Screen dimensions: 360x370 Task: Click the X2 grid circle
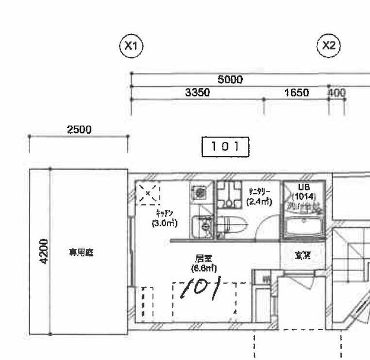coord(329,46)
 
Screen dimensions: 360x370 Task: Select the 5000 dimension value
coord(230,80)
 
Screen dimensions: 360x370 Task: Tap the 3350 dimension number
coord(197,93)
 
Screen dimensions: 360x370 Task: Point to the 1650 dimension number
coord(297,93)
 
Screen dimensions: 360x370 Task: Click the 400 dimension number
coord(336,93)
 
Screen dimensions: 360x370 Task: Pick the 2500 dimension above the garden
coord(79,130)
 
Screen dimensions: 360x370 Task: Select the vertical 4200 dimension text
coord(45,252)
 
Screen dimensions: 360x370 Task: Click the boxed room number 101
coord(225,147)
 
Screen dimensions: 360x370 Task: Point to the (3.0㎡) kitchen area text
coord(164,223)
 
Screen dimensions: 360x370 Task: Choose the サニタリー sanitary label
coord(258,192)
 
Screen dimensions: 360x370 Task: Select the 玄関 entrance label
coord(302,255)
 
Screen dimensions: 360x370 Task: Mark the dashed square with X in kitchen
coord(148,193)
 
